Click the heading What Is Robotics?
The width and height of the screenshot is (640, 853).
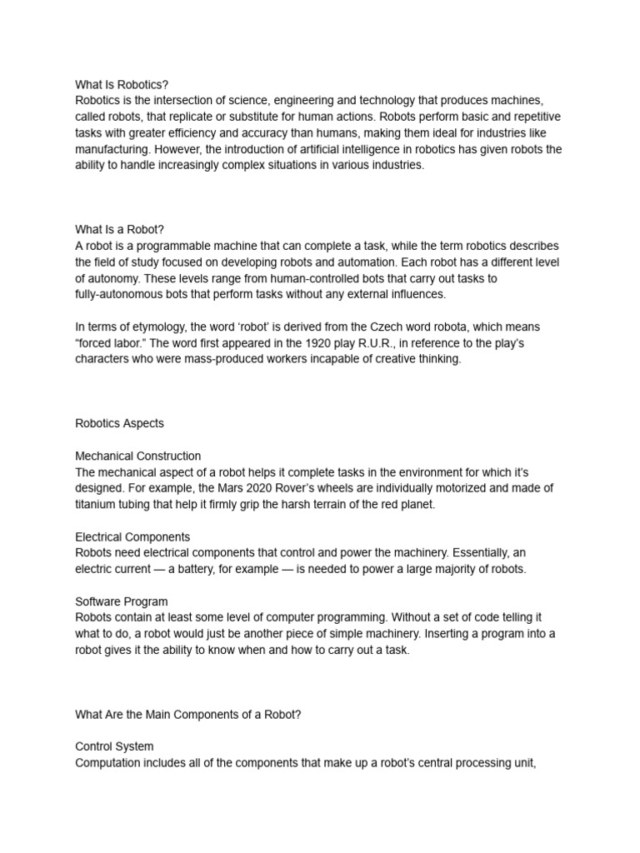point(122,84)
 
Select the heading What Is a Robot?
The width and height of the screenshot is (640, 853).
point(125,229)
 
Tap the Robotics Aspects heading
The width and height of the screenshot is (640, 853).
point(119,423)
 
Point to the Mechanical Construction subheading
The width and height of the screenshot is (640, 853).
point(137,456)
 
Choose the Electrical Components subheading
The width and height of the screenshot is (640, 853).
point(132,536)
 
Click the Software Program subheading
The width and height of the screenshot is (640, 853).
point(122,601)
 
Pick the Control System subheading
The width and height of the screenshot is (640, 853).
point(114,746)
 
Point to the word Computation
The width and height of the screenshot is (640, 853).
point(112,762)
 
